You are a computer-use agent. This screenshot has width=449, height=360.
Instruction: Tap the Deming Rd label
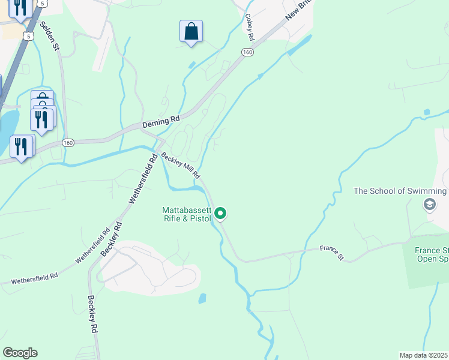(x=161, y=122)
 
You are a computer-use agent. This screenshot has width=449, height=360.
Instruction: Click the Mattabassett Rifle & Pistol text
(x=187, y=214)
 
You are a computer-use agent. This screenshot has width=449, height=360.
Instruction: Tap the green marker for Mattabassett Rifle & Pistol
(x=221, y=213)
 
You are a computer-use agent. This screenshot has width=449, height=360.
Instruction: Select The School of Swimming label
(x=400, y=191)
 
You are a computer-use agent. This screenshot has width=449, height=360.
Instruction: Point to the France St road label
(x=331, y=253)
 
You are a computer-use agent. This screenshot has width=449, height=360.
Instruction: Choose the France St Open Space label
(x=432, y=255)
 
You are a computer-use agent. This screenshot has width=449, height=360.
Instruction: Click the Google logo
(x=20, y=353)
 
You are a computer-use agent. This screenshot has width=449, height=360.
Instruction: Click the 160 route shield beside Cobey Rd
(x=247, y=53)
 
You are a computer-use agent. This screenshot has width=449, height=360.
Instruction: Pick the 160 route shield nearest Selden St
(x=68, y=143)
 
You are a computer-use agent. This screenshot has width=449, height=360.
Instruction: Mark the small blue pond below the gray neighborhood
(x=202, y=298)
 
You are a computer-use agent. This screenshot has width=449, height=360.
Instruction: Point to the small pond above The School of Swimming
(x=426, y=112)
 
